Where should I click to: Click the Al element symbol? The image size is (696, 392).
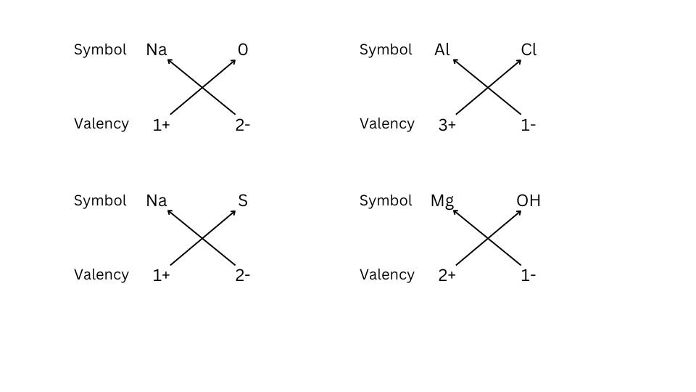click(442, 49)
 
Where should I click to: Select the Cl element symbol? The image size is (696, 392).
click(529, 49)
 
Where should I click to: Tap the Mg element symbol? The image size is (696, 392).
click(442, 201)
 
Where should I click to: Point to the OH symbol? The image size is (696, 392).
click(529, 200)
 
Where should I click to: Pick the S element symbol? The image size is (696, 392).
click(243, 200)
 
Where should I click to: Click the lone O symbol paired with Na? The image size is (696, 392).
click(243, 49)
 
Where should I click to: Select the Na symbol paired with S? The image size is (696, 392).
click(157, 200)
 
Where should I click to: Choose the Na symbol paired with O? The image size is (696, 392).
click(157, 49)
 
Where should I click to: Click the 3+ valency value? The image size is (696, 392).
click(447, 125)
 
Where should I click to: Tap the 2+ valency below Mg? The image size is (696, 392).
click(447, 276)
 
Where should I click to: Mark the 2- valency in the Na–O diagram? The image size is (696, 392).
click(243, 125)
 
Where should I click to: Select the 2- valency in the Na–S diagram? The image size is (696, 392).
click(243, 276)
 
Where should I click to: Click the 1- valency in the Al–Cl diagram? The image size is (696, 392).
click(529, 125)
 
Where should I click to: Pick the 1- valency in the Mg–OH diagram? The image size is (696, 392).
click(529, 276)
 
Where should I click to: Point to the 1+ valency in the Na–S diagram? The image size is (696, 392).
click(161, 276)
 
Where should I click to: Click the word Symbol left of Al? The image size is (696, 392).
click(386, 50)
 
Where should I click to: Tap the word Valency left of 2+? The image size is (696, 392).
click(387, 274)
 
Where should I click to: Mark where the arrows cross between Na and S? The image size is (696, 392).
click(202, 239)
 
